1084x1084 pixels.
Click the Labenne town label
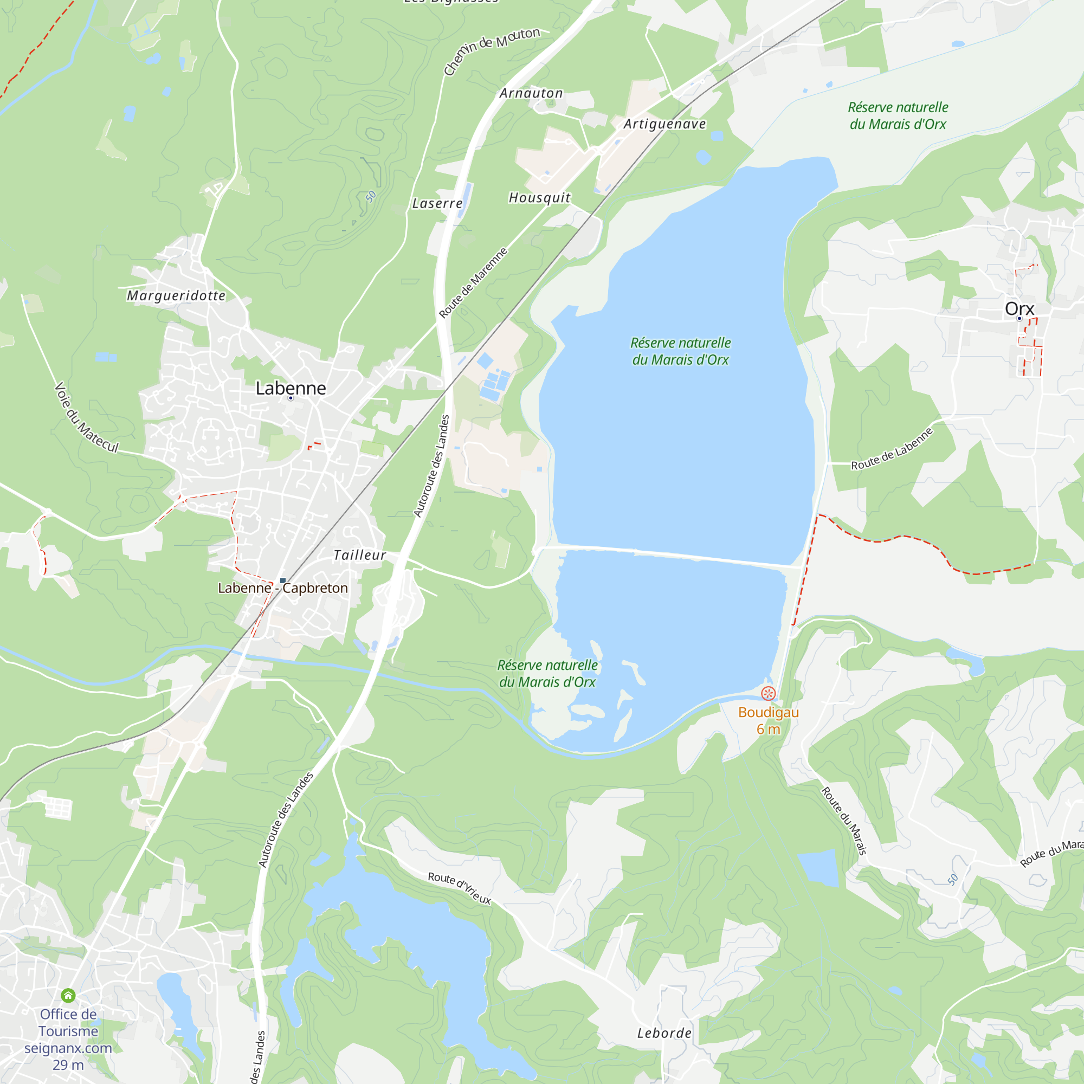(x=290, y=388)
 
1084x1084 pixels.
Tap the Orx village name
(x=1019, y=308)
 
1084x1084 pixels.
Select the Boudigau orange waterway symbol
(x=768, y=694)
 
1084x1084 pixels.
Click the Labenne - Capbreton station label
(x=283, y=588)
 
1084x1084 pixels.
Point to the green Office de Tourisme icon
(x=68, y=995)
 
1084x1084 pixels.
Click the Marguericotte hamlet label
(x=176, y=296)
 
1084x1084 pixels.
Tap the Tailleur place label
(x=360, y=556)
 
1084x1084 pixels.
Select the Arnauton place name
(x=531, y=93)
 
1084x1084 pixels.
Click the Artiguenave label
(x=665, y=124)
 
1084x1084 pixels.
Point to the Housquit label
(x=539, y=198)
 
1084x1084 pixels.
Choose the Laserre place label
(x=437, y=204)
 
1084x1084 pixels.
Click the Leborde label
(x=664, y=1033)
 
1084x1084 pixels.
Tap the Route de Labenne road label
(x=892, y=449)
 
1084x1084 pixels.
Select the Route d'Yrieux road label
(x=459, y=888)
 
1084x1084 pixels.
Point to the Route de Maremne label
(x=473, y=283)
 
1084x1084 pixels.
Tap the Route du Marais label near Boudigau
(x=844, y=820)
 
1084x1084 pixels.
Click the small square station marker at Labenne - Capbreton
(x=283, y=580)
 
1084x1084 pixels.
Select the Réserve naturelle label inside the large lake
(x=680, y=351)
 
